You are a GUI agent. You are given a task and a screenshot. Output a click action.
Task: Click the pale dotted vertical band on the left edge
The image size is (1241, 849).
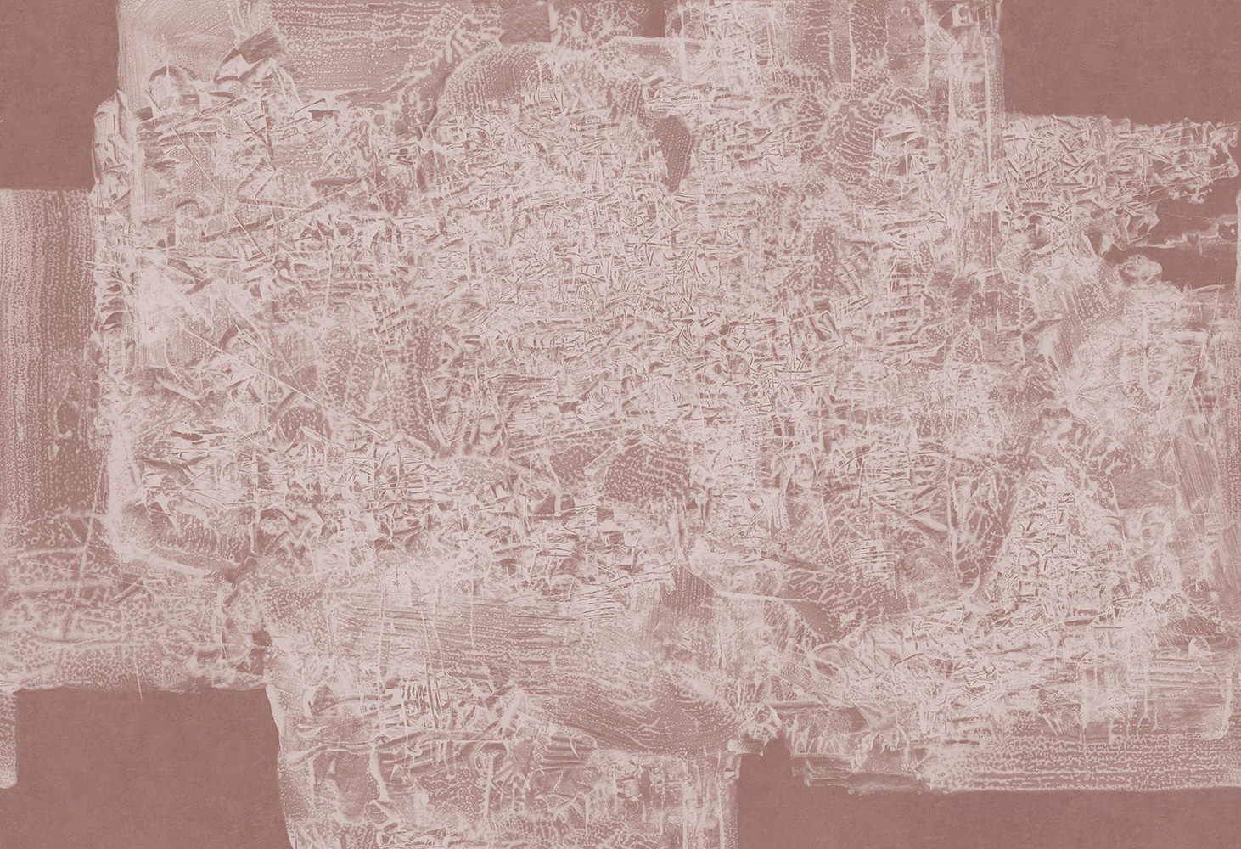[42, 340]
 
